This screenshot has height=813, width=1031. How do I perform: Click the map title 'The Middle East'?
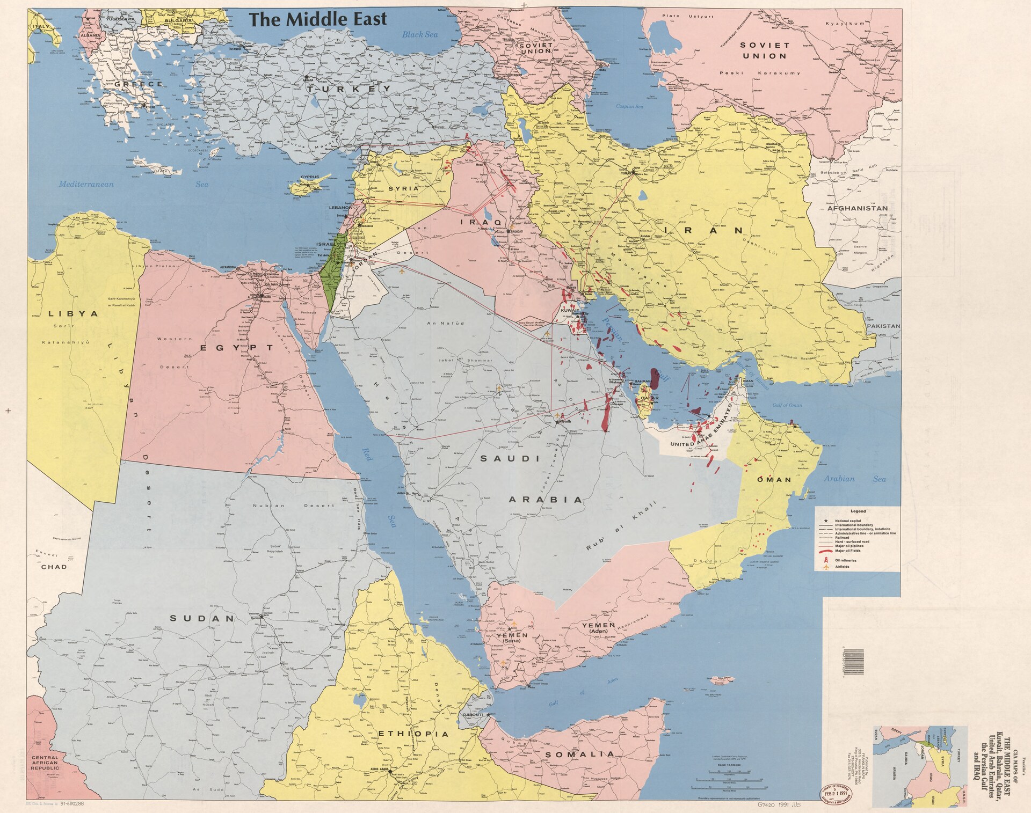(318, 20)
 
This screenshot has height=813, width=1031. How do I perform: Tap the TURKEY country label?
(348, 89)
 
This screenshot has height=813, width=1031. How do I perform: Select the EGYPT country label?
(237, 348)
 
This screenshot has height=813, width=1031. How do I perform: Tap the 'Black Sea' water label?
(420, 34)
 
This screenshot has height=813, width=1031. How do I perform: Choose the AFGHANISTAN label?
(857, 208)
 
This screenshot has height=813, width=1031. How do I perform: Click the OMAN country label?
(774, 479)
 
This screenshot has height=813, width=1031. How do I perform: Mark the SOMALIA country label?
(579, 754)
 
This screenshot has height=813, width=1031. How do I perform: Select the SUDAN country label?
(202, 618)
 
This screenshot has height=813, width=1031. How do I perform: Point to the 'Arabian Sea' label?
(855, 479)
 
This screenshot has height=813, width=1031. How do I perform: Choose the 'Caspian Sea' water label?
(629, 106)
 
